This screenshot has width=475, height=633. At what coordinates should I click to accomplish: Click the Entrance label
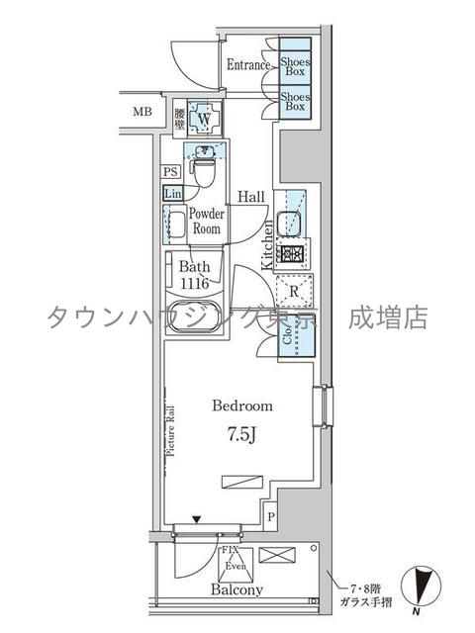pyautogui.click(x=248, y=65)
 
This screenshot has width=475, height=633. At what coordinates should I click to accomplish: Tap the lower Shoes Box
pyautogui.click(x=294, y=103)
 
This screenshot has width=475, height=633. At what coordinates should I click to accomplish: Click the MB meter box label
pyautogui.click(x=143, y=111)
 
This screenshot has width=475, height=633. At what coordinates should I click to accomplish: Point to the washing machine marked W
pyautogui.click(x=205, y=119)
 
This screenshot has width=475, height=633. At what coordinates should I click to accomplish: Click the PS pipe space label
pyautogui.click(x=170, y=172)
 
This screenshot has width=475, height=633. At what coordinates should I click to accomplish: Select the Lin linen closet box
pyautogui.click(x=171, y=192)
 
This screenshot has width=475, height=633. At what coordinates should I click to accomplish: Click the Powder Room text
pyautogui.click(x=207, y=220)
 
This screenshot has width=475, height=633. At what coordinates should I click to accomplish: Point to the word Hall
pyautogui.click(x=249, y=198)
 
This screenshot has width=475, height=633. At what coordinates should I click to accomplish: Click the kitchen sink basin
pyautogui.click(x=291, y=223)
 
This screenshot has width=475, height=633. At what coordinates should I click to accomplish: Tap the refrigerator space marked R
pyautogui.click(x=294, y=292)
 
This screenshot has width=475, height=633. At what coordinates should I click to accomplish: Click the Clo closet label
pyautogui.click(x=288, y=336)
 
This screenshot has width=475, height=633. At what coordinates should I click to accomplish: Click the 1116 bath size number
pyautogui.click(x=194, y=282)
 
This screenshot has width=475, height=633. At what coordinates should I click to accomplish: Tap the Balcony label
pyautogui.click(x=237, y=590)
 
